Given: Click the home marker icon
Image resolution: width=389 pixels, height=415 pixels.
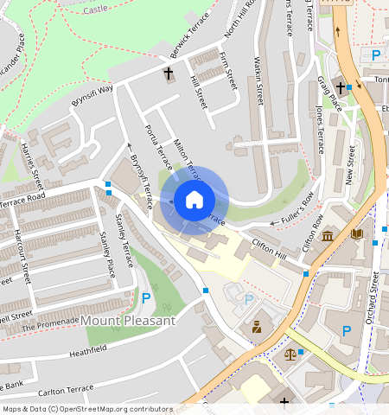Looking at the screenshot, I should (x=194, y=200).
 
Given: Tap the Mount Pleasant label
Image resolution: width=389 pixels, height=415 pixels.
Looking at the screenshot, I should (x=129, y=321).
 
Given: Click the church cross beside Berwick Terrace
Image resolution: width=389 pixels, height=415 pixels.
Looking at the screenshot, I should (x=168, y=73).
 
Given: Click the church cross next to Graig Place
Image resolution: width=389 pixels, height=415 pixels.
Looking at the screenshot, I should (x=341, y=87).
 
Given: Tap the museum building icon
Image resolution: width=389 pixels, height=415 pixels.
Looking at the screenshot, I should (x=328, y=236).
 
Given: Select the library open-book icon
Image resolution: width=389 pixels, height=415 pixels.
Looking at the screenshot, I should (x=357, y=233).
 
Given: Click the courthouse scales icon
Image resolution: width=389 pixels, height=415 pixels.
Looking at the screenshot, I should (x=290, y=354).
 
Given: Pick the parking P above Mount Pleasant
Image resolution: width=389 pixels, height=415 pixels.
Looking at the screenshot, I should (x=145, y=298).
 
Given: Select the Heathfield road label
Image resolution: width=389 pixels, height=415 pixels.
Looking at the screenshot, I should (x=87, y=349).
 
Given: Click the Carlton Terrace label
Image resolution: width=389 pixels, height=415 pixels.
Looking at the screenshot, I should (x=66, y=389).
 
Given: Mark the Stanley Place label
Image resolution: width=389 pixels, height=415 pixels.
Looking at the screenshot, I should (x=106, y=251).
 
